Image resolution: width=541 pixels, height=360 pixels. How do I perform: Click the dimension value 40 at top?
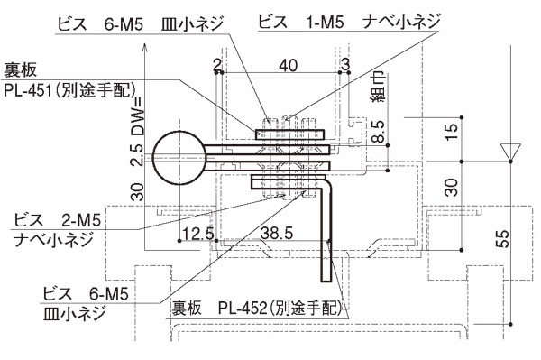click(289, 65)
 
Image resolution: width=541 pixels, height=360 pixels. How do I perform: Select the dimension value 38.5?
click(277, 234)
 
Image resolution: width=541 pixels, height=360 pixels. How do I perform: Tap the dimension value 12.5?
click(198, 234)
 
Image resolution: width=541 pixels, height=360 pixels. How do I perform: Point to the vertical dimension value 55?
click(503, 238)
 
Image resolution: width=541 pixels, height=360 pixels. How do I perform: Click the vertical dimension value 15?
click(452, 132)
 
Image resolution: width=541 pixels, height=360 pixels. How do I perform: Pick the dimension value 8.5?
click(379, 132)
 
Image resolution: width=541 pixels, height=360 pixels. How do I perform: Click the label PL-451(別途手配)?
click(69, 90)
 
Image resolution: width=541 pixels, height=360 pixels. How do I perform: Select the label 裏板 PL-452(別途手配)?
click(257, 308)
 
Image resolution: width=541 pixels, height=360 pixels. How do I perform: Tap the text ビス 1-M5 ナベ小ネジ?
click(349, 22)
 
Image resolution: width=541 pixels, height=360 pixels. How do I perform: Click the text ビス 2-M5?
click(58, 220)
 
